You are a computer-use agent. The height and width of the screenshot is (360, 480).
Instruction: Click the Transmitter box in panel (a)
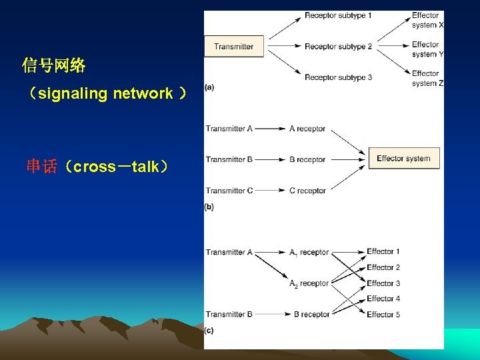click(233, 47)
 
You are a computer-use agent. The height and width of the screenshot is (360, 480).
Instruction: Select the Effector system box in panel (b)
click(403, 159)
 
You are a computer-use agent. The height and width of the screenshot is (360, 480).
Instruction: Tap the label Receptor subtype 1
click(338, 15)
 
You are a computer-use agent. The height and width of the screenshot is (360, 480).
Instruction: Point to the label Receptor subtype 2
click(338, 47)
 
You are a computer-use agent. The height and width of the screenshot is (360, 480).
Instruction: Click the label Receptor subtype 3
click(338, 77)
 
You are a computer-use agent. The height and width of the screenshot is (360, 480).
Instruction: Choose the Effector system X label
click(427, 20)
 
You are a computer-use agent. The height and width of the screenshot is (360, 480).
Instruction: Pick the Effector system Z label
click(427, 78)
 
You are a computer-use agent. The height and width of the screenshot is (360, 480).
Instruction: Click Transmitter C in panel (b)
click(229, 191)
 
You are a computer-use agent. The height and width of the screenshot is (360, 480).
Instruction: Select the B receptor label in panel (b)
click(307, 159)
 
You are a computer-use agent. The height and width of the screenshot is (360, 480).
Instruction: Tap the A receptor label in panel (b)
click(307, 129)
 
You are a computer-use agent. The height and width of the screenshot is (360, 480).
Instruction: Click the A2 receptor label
click(309, 283)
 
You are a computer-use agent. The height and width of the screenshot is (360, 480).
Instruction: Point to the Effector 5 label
click(383, 314)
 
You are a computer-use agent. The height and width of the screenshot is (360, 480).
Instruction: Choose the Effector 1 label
click(383, 251)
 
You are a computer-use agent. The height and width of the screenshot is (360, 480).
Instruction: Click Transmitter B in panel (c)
click(229, 314)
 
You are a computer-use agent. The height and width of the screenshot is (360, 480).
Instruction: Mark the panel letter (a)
click(209, 87)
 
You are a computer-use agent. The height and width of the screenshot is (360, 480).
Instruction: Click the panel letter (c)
click(209, 330)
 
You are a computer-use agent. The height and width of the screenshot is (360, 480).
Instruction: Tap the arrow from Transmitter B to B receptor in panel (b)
click(270, 159)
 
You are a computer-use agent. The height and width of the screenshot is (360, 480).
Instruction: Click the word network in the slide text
click(143, 93)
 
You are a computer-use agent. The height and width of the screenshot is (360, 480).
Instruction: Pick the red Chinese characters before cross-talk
click(42, 167)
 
